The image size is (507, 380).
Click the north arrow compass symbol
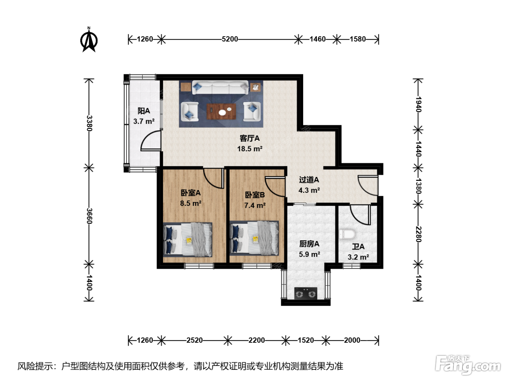tap(89, 40)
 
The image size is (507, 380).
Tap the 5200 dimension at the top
tap(230, 39)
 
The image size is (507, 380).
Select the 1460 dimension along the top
tap(318, 39)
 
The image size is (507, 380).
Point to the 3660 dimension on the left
tap(89, 216)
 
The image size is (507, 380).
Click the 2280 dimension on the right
tap(419, 234)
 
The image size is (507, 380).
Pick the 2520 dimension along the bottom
tap(194, 340)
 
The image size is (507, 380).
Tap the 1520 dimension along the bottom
tap(306, 340)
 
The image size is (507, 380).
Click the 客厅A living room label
tap(250, 139)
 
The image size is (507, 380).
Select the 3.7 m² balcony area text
tap(144, 121)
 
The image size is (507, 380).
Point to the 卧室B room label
tap(255, 195)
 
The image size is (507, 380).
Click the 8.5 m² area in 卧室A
tap(190, 203)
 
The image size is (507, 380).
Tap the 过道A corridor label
tap(309, 180)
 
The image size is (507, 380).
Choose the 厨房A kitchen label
tap(309, 244)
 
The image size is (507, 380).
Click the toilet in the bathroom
tap(347, 235)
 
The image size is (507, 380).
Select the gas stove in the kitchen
tap(306, 293)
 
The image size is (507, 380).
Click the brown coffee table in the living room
tap(221, 111)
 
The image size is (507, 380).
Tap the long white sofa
tap(220, 88)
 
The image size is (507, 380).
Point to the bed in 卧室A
tap(188, 240)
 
